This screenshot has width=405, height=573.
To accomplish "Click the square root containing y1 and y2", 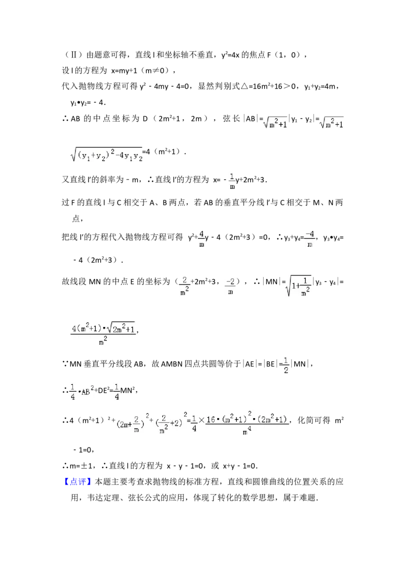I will tap(107, 156).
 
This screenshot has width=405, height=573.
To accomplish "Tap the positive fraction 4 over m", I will tap(201, 239).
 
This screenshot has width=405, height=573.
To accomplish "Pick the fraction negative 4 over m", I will tap(310, 239).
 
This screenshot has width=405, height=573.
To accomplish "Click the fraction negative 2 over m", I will tap(230, 286).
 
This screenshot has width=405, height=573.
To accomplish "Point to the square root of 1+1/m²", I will tap(298, 286).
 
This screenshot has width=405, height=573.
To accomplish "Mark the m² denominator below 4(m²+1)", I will tap(103, 342).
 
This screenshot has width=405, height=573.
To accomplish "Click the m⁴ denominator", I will tap(247, 431).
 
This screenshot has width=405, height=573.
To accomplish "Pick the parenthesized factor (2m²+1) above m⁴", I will tap(274, 419).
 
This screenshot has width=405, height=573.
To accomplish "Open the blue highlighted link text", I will tap(78, 480).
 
